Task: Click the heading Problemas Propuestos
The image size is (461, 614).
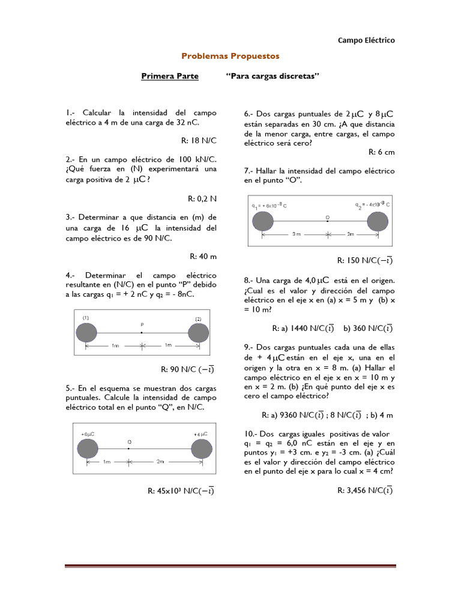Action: (x=230, y=56)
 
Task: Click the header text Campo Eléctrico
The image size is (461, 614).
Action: (x=366, y=40)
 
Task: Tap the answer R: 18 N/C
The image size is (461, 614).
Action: (x=199, y=140)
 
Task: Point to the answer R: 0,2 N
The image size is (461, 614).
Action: (x=202, y=198)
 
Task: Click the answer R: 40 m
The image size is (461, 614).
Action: (x=203, y=256)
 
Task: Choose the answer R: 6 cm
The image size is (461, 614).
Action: (x=381, y=152)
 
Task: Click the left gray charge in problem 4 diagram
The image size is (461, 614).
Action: (x=86, y=333)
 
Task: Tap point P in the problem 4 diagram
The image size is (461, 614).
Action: (x=142, y=332)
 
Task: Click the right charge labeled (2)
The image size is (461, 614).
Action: (x=199, y=332)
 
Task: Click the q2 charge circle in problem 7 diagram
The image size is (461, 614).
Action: (x=377, y=221)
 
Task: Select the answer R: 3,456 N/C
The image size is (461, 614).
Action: (x=366, y=490)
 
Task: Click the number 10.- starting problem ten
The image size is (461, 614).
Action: (x=251, y=434)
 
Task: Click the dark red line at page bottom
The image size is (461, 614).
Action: (x=230, y=565)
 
